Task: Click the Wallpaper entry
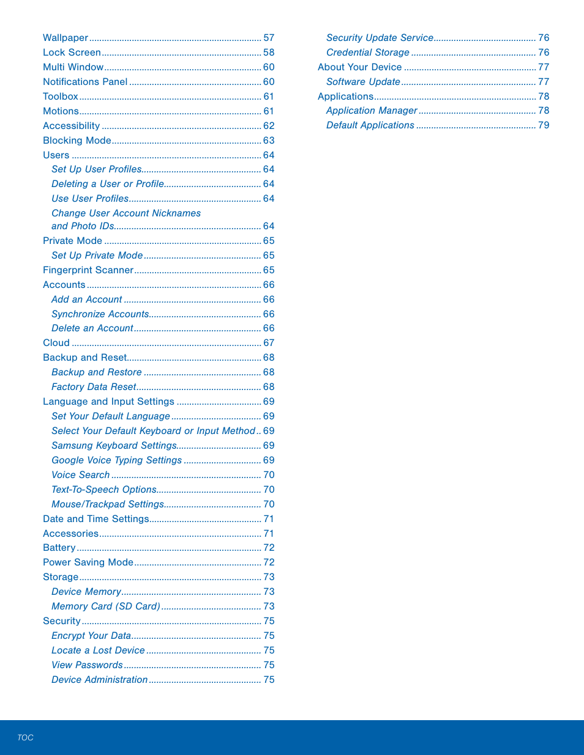pos(66,38)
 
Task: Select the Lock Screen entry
pos(72,53)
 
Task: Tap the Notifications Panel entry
pos(85,82)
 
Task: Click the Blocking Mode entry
pos(77,141)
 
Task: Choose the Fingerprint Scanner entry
pos(88,270)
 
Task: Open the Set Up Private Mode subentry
pos(97,256)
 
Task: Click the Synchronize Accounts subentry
pos(100,314)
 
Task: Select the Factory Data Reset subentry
pos(94,387)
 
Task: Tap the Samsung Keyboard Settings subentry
pos(114,446)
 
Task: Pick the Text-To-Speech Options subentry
pos(104,490)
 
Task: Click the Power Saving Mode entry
pos(88,562)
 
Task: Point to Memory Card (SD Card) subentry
pos(106,606)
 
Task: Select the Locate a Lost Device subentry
pos(98,650)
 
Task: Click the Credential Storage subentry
pos(367,53)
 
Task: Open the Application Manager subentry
pos(372,111)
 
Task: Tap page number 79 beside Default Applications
pos(544,125)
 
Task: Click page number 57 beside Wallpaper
pos(269,38)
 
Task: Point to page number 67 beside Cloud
pos(269,343)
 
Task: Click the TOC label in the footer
pos(25,738)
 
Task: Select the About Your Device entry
pos(359,67)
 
